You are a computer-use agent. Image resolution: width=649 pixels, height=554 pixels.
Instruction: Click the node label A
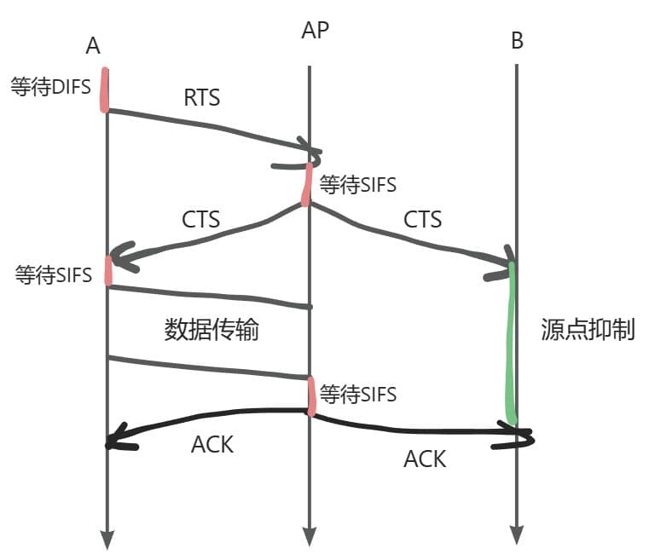pyautogui.click(x=93, y=47)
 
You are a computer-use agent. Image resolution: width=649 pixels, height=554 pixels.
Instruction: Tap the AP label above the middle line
pyautogui.click(x=316, y=31)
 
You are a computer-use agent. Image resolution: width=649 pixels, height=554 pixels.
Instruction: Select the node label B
pyautogui.click(x=517, y=41)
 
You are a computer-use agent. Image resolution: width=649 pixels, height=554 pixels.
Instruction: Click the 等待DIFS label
pyautogui.click(x=50, y=87)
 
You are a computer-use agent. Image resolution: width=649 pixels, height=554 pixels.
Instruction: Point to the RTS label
pyautogui.click(x=202, y=97)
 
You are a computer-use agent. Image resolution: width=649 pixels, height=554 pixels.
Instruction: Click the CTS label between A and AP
pyautogui.click(x=201, y=219)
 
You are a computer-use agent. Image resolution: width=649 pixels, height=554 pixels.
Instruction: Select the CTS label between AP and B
pyautogui.click(x=423, y=219)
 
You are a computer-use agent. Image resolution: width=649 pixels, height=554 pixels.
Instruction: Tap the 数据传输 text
pyautogui.click(x=212, y=330)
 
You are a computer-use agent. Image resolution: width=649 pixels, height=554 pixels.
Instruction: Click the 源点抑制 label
pyautogui.click(x=588, y=330)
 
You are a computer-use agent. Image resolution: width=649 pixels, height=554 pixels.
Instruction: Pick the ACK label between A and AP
pyautogui.click(x=212, y=444)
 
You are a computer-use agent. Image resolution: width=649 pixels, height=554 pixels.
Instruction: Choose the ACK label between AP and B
pyautogui.click(x=425, y=459)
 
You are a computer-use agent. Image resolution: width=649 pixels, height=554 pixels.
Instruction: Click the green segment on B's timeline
pyautogui.click(x=512, y=341)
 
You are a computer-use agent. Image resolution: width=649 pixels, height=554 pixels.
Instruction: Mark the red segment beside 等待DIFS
pyautogui.click(x=105, y=89)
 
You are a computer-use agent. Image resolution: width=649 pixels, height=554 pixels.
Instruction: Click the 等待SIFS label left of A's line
pyautogui.click(x=54, y=274)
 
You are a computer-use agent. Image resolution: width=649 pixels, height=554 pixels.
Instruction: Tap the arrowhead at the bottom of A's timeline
pyautogui.click(x=107, y=539)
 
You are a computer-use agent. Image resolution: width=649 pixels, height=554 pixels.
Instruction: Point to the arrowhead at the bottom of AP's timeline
pyautogui.click(x=309, y=537)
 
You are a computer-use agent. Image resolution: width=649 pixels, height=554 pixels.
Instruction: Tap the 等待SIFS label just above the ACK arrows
pyautogui.click(x=356, y=394)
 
